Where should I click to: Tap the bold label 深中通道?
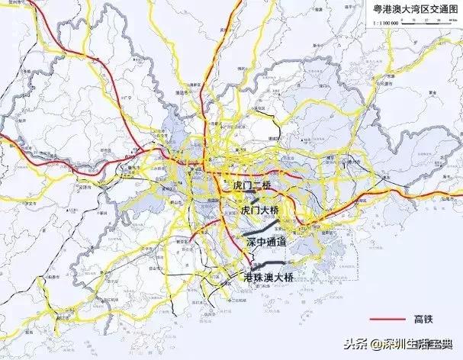(x=266, y=241)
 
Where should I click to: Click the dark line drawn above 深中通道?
(x=259, y=227)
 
